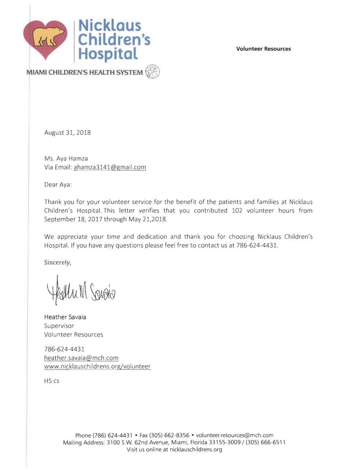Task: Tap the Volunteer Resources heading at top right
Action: tap(263, 49)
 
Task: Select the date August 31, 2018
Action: tap(67, 132)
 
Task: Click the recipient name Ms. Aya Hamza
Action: tap(66, 159)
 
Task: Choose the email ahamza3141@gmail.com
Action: tap(110, 167)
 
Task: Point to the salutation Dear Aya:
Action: tap(58, 185)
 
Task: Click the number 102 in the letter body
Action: tap(237, 211)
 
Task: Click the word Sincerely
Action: tap(57, 262)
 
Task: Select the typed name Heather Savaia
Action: tap(65, 317)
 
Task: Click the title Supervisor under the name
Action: tap(59, 326)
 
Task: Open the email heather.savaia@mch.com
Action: tap(81, 358)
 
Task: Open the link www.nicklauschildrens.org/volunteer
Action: tap(97, 366)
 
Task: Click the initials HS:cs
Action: tap(51, 381)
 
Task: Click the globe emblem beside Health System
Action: tap(152, 72)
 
